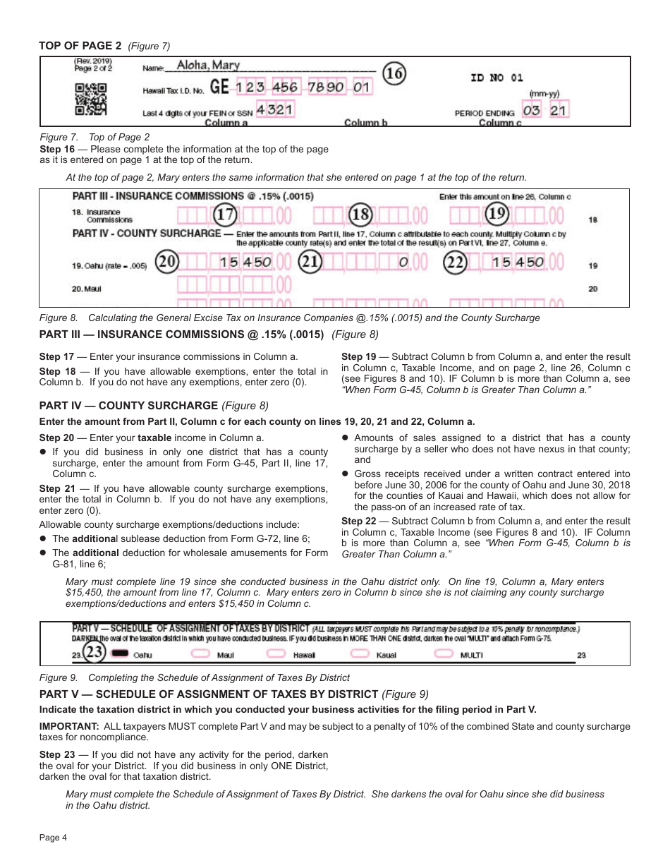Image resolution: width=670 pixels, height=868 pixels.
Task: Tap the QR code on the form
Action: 90,99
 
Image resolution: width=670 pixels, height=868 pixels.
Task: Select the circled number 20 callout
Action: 168,262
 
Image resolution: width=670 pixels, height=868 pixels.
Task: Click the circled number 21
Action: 310,262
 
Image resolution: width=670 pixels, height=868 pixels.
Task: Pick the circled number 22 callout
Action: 455,262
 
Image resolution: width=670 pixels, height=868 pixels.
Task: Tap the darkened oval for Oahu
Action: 121,654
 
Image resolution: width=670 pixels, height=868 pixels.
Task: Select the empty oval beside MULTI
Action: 444,654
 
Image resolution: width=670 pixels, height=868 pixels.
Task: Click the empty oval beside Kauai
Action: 359,654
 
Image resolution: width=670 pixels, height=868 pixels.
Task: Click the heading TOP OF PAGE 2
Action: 80,47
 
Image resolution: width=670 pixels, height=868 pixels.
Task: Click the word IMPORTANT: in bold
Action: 69,726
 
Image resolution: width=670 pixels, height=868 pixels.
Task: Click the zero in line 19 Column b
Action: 403,263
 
